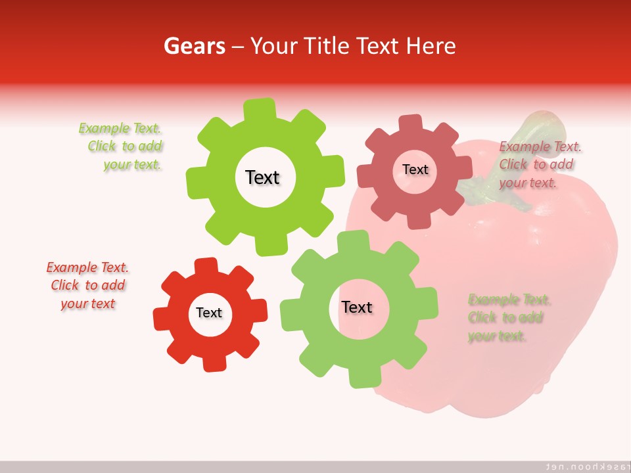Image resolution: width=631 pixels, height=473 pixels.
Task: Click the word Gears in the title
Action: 195,46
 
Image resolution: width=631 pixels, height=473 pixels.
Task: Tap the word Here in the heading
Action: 431,46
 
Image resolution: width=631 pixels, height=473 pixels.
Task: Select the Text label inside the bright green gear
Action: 262,177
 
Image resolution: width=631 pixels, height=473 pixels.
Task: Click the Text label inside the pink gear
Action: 415,169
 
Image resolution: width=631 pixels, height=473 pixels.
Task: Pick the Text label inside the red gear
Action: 209,313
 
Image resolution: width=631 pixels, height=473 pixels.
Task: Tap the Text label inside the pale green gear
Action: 357,307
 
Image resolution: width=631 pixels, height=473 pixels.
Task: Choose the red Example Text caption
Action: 87,286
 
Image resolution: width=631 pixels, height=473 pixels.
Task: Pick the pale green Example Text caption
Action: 508,318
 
